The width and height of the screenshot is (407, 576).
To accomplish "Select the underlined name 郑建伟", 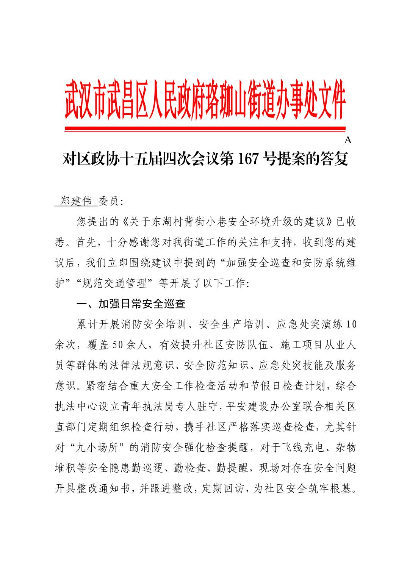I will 76,202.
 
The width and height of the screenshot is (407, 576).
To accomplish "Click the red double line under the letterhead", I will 205,129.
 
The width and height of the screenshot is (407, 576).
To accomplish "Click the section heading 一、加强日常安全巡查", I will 131,304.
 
